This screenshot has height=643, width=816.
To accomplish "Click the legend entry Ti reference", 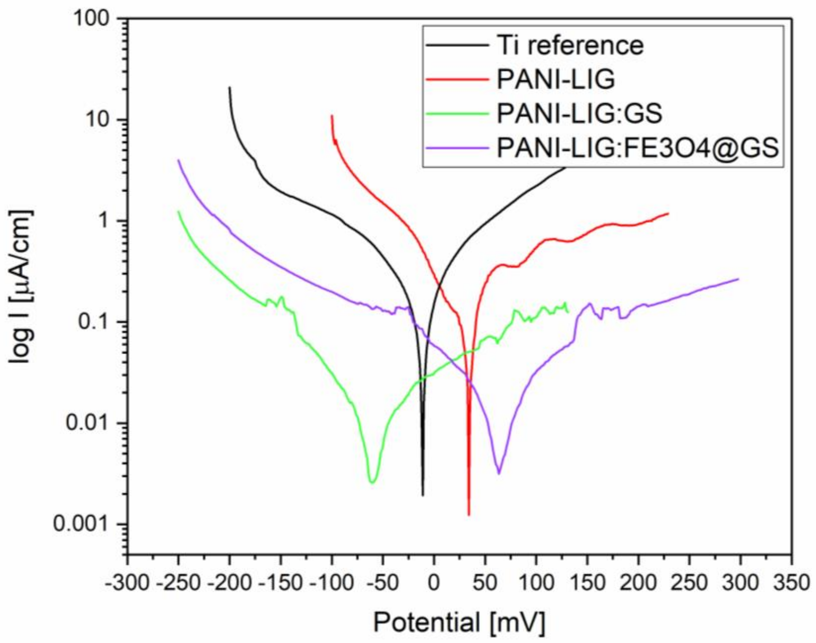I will point(570,45).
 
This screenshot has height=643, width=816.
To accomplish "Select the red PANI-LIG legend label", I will point(556,79).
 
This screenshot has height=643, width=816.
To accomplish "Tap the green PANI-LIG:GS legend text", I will point(579,114).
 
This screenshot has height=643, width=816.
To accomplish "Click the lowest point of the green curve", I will point(372,482).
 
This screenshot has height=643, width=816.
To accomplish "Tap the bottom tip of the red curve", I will point(469,515).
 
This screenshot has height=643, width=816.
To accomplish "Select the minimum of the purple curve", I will point(499,473).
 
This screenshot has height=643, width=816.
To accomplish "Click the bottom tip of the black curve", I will point(423,496).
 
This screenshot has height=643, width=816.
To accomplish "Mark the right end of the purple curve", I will point(738,279).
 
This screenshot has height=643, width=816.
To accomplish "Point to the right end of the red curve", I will point(668,213).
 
